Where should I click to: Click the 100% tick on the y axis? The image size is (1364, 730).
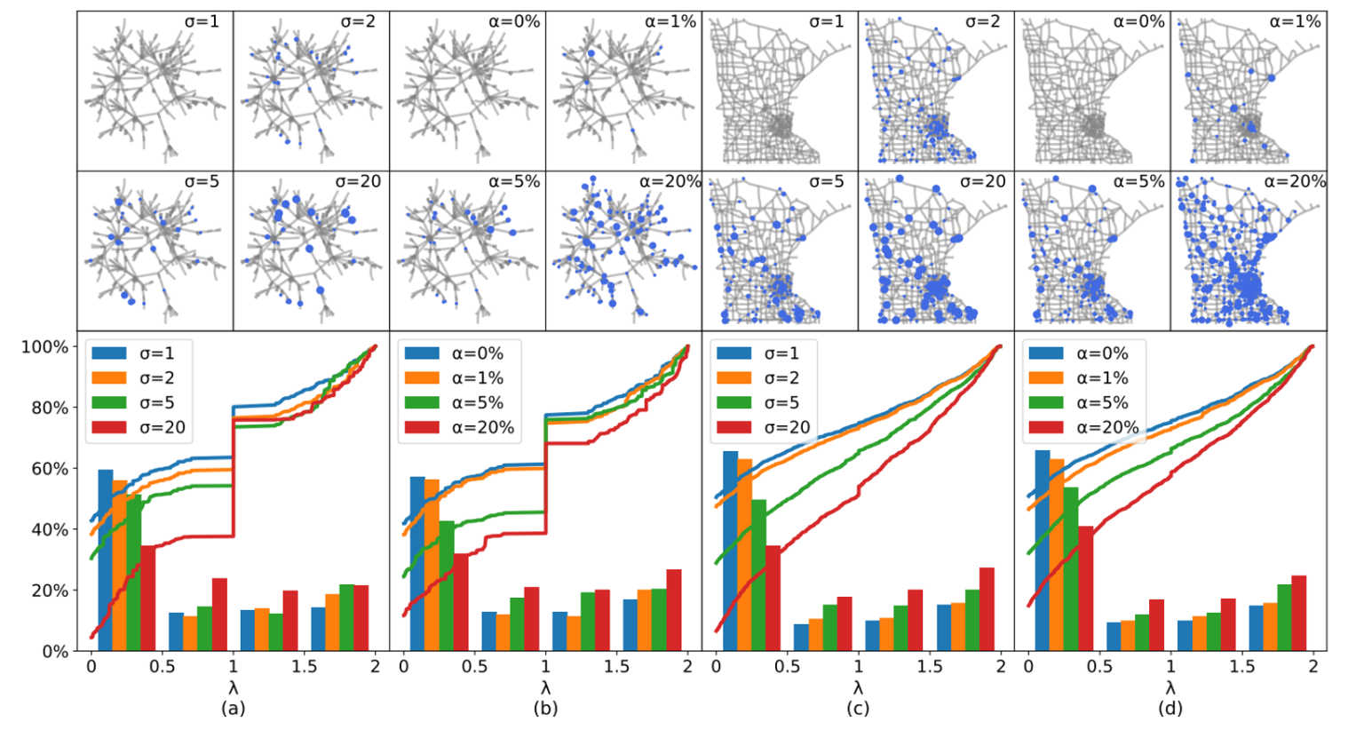point(44,346)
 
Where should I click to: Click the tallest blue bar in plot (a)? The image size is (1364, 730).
point(106,560)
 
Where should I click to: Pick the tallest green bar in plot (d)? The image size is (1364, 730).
point(1071,568)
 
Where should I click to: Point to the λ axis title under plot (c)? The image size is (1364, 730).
point(858,687)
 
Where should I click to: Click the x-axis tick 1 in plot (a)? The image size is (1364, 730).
point(233,667)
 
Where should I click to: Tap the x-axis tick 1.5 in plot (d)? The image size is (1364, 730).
point(1241,667)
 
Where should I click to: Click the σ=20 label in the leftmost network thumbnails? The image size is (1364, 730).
point(358,182)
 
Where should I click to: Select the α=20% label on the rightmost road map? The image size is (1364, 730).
point(1295,181)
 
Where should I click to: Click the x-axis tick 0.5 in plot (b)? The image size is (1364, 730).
point(474,667)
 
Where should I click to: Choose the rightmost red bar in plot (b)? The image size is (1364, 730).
point(674,610)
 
